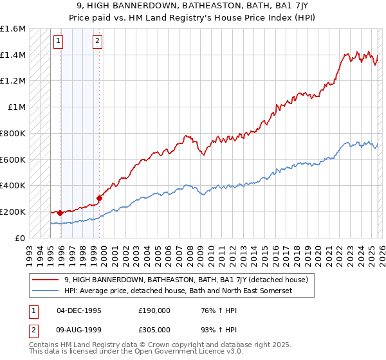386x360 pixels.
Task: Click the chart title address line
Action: (193, 4)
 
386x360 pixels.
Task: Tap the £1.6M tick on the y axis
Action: (14, 29)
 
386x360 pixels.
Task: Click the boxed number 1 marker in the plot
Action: (58, 42)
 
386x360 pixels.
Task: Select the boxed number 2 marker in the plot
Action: (97, 42)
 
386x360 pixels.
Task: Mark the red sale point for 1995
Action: (60, 213)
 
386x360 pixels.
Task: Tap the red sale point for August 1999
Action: (99, 198)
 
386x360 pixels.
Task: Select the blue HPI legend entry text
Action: (187, 291)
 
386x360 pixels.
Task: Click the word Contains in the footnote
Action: (43, 346)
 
